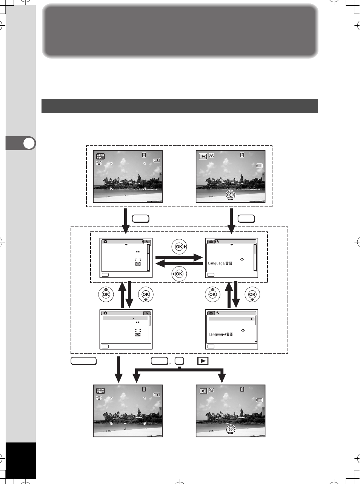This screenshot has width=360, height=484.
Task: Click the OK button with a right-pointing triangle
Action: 179,247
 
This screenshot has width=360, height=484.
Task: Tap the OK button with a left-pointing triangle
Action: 179,274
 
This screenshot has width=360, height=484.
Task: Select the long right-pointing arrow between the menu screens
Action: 179,257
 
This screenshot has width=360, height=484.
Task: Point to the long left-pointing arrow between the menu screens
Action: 179,264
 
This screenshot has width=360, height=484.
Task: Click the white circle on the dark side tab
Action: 29,143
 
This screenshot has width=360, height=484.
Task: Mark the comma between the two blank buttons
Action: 170,363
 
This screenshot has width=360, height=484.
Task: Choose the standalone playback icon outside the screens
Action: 203,361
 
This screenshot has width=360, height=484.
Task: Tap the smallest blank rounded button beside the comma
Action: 179,361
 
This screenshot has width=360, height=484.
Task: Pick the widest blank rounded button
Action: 83,361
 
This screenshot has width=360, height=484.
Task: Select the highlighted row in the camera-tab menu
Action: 125,318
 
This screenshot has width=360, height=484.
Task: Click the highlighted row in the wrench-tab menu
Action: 231,319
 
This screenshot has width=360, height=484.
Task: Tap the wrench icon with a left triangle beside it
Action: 217,241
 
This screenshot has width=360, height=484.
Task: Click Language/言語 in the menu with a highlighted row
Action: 221,334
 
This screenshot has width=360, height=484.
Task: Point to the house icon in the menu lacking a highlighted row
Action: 242,259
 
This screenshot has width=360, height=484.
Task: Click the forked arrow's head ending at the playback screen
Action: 222,378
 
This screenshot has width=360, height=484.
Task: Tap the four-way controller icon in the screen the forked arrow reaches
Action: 231,430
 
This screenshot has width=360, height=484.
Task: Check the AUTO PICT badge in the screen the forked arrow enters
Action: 100,391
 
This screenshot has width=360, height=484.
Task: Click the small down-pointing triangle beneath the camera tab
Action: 126,245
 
